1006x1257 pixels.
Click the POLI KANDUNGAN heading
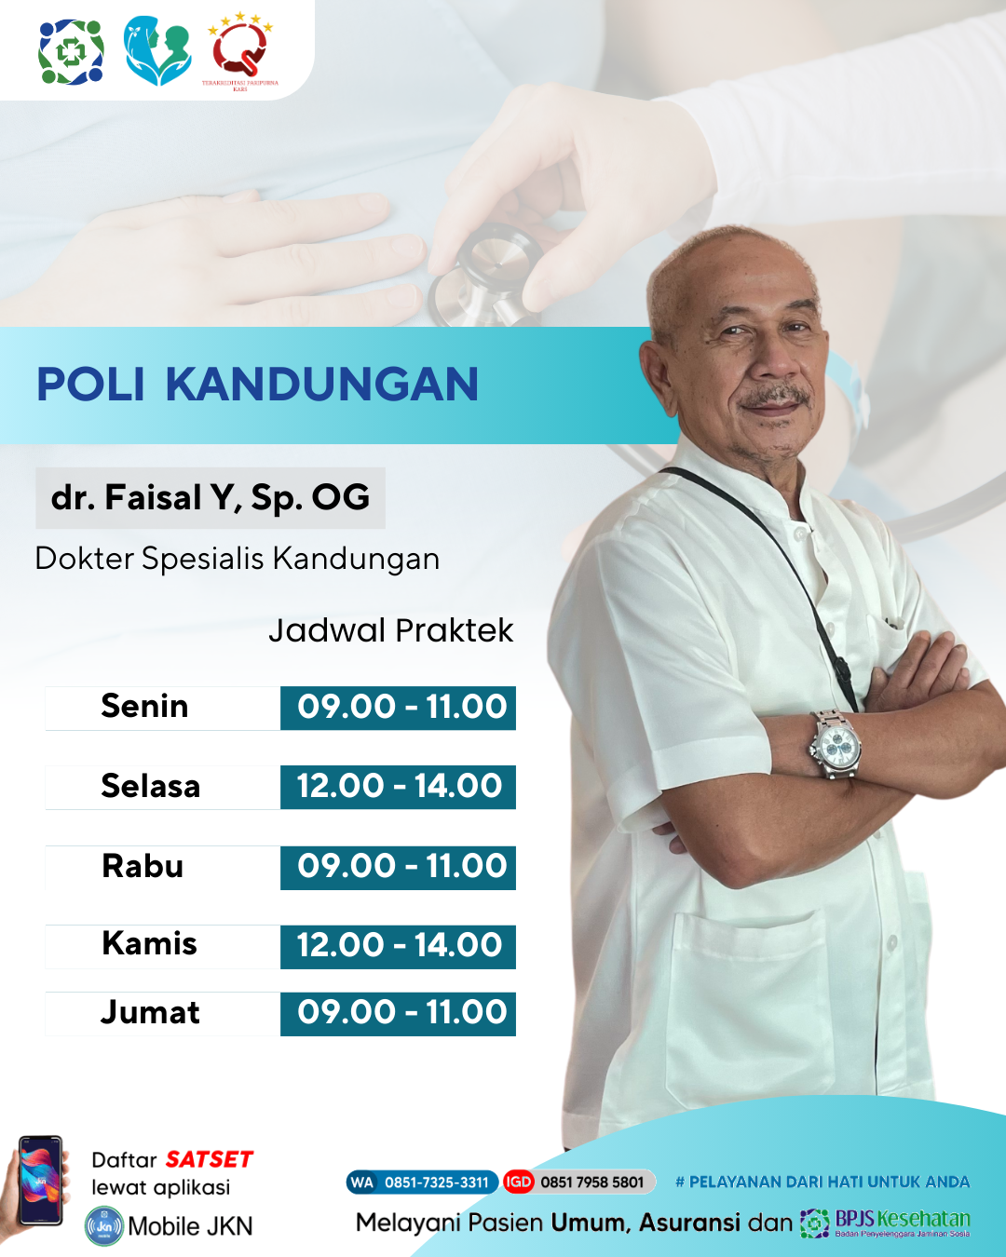pos(257,385)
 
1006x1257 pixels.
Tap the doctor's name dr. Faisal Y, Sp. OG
pos(211,497)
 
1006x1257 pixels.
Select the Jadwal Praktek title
pos(390,630)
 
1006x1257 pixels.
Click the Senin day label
pos(144,707)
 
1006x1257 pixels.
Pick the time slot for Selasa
pos(399,787)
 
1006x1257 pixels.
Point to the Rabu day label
pos(143,866)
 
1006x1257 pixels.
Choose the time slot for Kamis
pos(399,946)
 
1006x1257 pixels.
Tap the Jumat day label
pos(150,1013)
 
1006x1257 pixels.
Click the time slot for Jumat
pos(399,1013)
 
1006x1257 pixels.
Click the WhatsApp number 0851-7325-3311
pos(436,1183)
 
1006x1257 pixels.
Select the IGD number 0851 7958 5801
pos(591,1183)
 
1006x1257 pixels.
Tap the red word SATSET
pos(210,1159)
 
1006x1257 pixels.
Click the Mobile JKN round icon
pos(103,1226)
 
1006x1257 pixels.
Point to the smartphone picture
pos(40,1180)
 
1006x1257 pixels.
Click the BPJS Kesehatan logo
pos(886,1222)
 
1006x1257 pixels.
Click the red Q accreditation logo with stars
pos(240,51)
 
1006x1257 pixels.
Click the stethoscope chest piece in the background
pos(489,270)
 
